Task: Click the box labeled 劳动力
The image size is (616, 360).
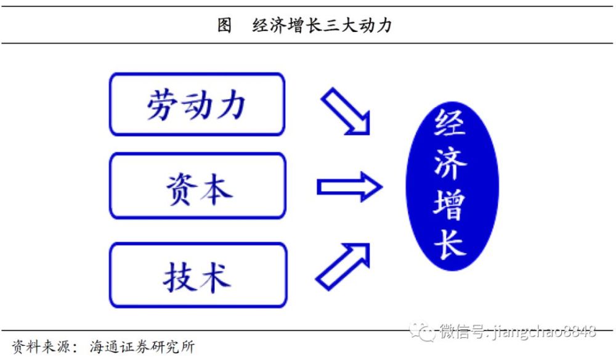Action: point(197,105)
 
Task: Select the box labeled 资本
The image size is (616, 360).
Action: point(198,186)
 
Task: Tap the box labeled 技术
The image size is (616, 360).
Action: point(198,275)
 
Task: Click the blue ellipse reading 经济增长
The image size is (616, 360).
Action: point(452,186)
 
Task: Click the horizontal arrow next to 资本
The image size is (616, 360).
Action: point(349,187)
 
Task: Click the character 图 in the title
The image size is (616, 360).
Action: point(224,25)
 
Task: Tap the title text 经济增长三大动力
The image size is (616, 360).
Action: point(322,25)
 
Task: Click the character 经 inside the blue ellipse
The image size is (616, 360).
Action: point(450,123)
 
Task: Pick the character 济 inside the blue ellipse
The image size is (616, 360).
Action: point(451,163)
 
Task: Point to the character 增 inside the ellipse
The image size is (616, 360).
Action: point(450,205)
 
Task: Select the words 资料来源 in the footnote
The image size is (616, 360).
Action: point(41,346)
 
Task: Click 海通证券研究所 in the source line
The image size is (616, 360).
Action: point(142,346)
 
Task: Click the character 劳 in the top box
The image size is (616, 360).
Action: point(161,105)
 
